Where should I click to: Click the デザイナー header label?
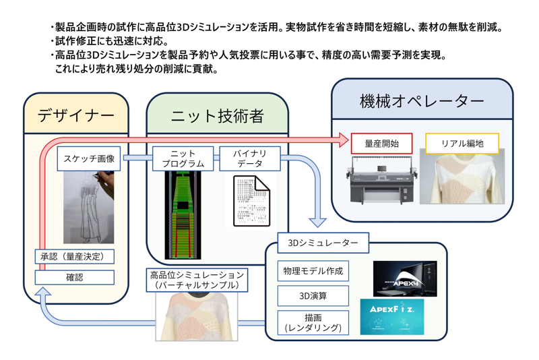[75, 115]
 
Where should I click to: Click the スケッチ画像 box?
[89, 159]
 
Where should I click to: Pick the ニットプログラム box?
[183, 158]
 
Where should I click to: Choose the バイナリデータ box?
[249, 158]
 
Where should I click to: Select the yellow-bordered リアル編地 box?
[462, 143]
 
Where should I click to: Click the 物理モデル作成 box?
[313, 271]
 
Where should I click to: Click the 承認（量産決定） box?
[74, 257]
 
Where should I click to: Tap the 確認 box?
[74, 277]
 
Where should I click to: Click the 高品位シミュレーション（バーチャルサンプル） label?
[197, 280]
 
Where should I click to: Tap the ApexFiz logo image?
[392, 317]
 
